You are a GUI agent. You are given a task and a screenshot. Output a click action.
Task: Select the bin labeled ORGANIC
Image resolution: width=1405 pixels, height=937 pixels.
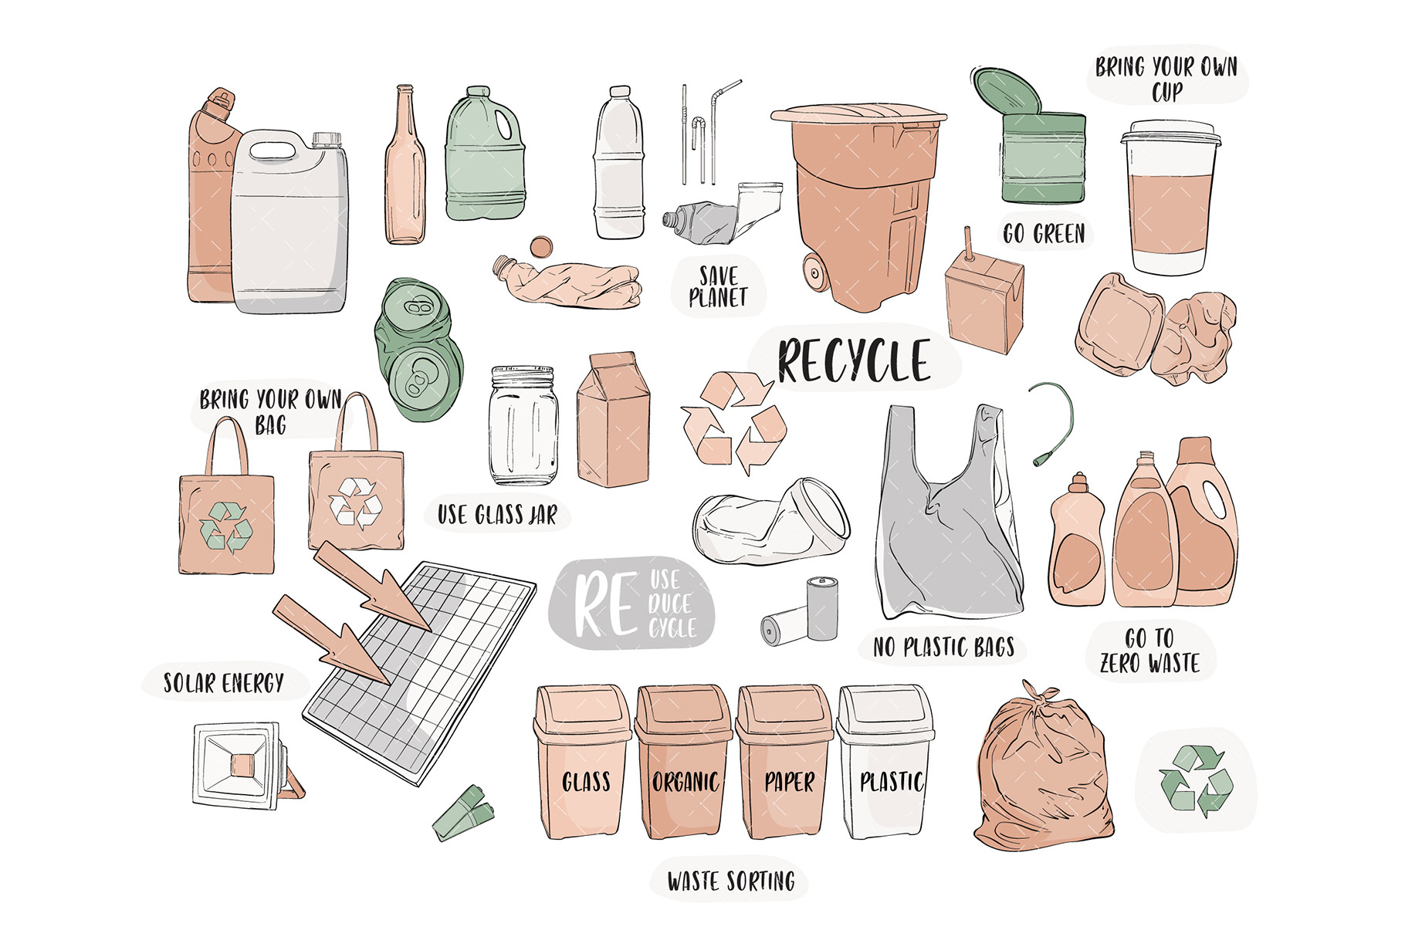coord(684,764)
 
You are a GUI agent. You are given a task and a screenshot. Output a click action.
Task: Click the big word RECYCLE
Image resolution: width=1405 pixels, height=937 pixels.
coord(854,360)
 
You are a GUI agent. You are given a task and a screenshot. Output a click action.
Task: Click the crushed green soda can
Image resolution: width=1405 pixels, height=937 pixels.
coord(419,349)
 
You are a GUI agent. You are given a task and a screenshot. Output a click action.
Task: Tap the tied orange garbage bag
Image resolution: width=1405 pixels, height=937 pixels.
coord(1044,772)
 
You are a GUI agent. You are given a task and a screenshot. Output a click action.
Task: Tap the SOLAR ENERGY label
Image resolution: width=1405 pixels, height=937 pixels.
coord(224,683)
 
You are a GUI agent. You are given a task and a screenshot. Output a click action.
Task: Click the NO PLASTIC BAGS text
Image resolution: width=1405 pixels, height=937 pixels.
coord(943,647)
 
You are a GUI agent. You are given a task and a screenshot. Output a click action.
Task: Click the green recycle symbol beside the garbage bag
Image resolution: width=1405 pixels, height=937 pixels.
coord(1196,781)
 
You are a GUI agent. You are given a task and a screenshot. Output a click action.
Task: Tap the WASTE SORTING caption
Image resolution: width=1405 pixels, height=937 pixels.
coord(731,881)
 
